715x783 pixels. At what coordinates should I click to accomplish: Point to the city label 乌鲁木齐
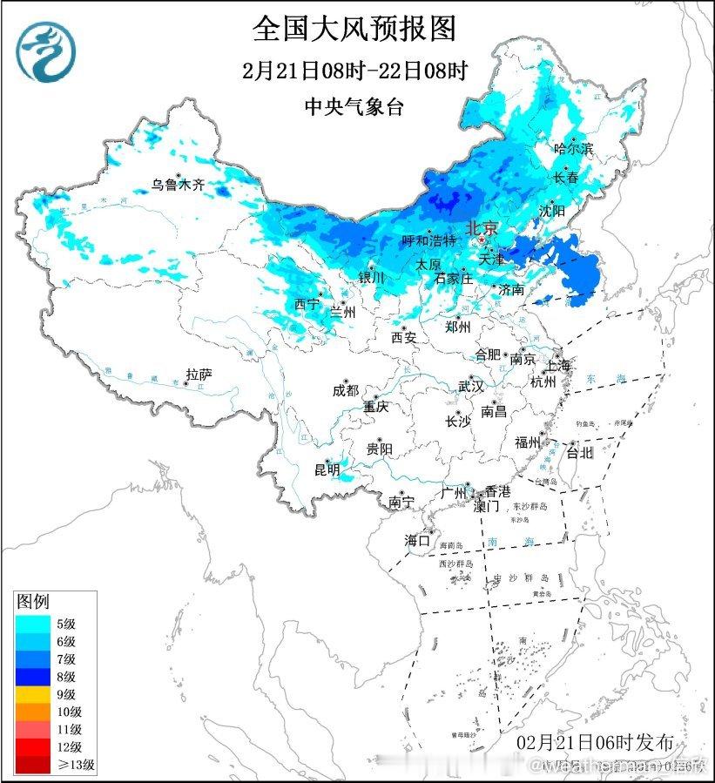(x=177, y=185)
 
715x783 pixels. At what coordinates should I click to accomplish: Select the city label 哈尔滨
(x=573, y=150)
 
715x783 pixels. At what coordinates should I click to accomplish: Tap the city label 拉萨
(x=199, y=375)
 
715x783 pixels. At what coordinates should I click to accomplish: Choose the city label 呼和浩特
(x=428, y=240)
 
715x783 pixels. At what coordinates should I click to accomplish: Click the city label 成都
(x=345, y=391)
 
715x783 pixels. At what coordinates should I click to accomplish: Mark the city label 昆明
(x=328, y=471)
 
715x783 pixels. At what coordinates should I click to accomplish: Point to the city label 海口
(x=417, y=541)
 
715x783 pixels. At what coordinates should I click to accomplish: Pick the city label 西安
(x=404, y=336)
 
